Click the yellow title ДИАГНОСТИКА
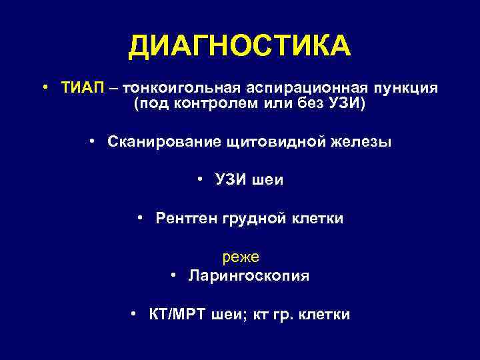pos(239,47)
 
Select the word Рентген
pos(187,219)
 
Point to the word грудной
pos(255,219)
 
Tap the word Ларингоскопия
pos(247,275)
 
